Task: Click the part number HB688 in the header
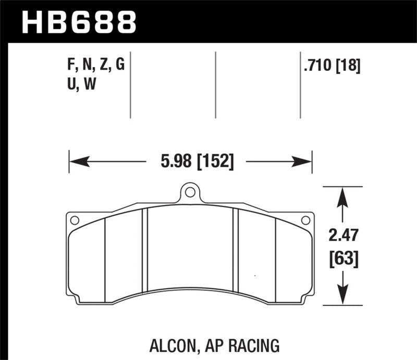pos(78,21)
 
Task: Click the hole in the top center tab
pos(190,193)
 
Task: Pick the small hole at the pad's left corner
pos(75,220)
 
